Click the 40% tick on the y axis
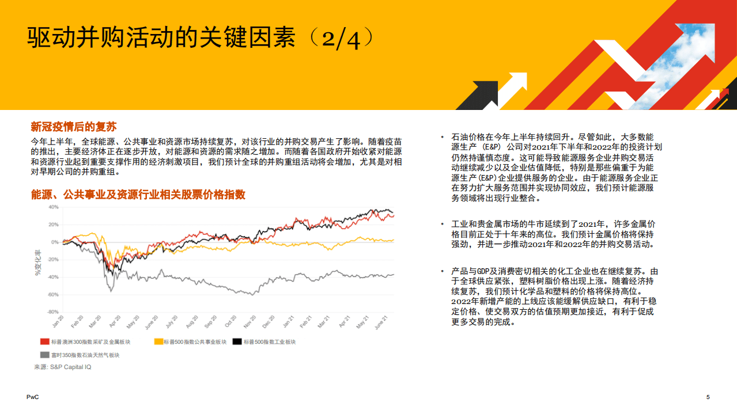[53, 207]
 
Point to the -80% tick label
[52, 312]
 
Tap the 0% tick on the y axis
[55, 242]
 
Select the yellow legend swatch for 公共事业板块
[158, 342]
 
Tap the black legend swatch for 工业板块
[237, 342]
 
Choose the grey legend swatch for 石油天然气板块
[44, 355]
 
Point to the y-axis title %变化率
[38, 262]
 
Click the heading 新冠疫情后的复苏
[74, 127]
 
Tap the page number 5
[708, 397]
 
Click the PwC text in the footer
[32, 397]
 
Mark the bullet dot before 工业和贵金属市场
[442, 224]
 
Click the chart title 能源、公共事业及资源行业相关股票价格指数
[138, 195]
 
